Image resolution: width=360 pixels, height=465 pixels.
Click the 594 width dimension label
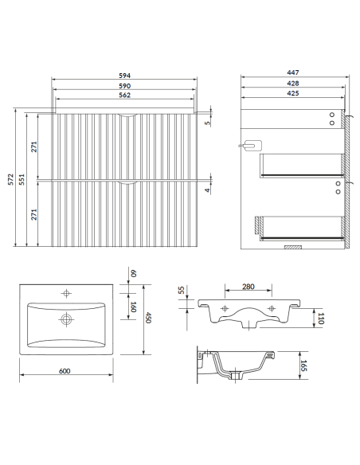coord(124,76)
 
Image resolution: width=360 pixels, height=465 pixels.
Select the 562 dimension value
coord(124,96)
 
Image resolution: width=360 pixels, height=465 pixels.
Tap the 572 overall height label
coord(10,179)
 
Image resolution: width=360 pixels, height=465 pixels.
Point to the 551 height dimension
coord(22,179)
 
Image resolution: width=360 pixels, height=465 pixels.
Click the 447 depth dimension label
coord(293,72)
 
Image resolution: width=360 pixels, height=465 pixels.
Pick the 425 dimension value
coord(293,93)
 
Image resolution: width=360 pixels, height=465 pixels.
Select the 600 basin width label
coord(65,371)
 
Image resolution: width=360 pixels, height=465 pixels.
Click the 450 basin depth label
coord(148,318)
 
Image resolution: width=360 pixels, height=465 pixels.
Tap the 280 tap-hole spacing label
coord(248,287)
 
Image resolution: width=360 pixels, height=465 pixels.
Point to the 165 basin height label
coord(303,365)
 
